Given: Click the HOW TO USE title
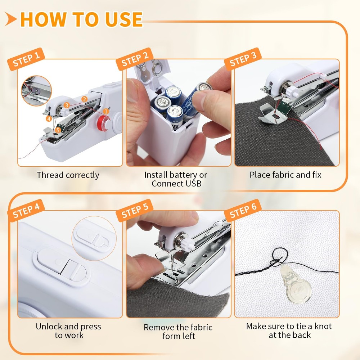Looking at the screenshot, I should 81,19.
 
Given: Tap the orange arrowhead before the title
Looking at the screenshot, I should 11,19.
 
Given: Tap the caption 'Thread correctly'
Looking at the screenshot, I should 68,175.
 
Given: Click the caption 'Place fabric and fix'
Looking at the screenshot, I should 285,175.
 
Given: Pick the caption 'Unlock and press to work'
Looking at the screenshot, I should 68,331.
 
